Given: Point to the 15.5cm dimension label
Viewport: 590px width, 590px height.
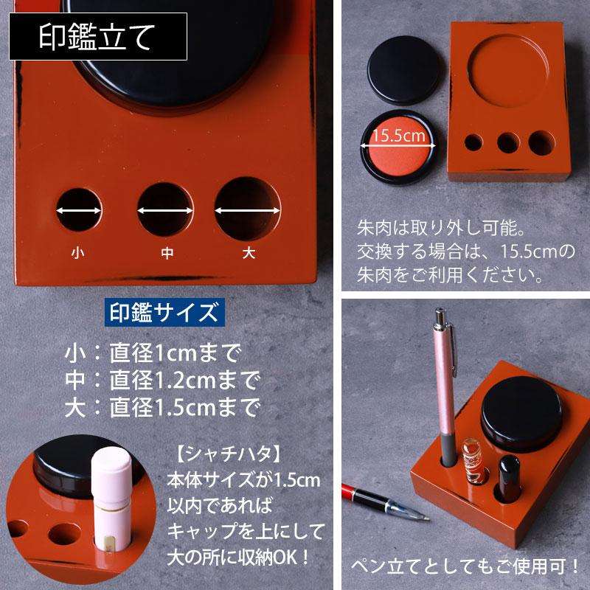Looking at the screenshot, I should [399, 136].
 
